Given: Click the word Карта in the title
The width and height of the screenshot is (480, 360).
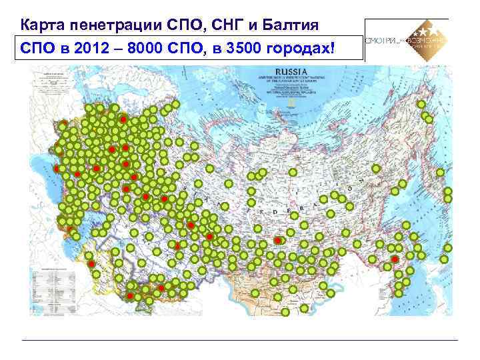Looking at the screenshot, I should tap(39, 26).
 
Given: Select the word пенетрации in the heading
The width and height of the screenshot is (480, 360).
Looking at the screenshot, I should tap(111, 26).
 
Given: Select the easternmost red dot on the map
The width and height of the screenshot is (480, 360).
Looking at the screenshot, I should tap(394, 259).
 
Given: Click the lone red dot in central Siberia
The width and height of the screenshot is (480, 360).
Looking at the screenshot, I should tap(277, 241).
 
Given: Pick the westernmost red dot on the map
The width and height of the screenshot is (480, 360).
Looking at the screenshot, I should tap(55, 169).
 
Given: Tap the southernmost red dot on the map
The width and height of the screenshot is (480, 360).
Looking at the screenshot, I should tap(131, 295).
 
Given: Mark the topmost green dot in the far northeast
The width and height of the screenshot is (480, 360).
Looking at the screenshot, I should tap(421, 105).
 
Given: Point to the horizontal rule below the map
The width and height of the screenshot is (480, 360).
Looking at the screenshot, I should tap(240, 341).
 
